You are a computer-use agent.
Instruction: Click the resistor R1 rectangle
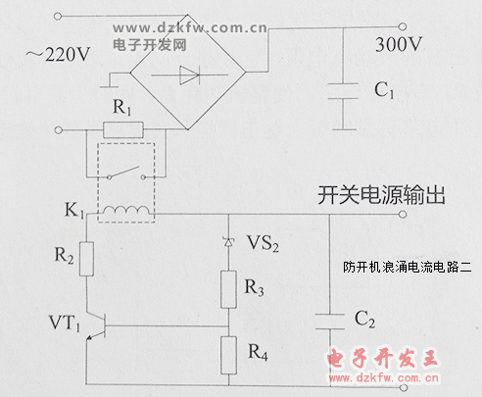[x=123, y=129]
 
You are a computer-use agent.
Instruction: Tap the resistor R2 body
[x=87, y=259]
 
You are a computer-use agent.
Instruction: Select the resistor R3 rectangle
[x=228, y=289]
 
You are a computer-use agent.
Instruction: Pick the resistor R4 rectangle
[x=228, y=355]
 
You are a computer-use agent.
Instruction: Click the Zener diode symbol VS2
[x=228, y=242]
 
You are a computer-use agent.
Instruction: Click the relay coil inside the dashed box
[x=125, y=211]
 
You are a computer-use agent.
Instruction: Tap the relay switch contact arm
[x=125, y=173]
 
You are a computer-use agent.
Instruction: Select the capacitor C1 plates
[x=343, y=91]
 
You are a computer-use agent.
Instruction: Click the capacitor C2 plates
[x=330, y=322]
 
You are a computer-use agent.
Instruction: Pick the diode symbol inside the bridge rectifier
[x=189, y=75]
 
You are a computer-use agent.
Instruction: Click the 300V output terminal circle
[x=403, y=26]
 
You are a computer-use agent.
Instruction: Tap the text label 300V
[x=399, y=44]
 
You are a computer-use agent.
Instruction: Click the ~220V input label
[x=58, y=54]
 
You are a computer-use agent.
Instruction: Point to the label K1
[x=74, y=210]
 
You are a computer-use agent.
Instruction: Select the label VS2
[x=263, y=243]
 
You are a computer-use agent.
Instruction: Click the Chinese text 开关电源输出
[x=381, y=195]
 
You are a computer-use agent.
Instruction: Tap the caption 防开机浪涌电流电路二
[x=408, y=268]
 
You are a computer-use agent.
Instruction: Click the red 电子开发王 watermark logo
[x=383, y=358]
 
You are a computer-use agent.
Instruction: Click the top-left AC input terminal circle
[x=58, y=16]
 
